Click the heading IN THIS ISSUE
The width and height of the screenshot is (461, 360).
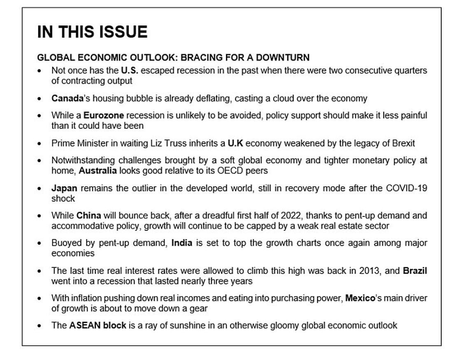pyautogui.click(x=92, y=32)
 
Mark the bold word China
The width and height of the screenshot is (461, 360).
pyautogui.click(x=89, y=215)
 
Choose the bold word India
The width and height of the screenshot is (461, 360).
pyautogui.click(x=181, y=243)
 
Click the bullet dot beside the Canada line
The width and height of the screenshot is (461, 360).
pyautogui.click(x=40, y=99)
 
